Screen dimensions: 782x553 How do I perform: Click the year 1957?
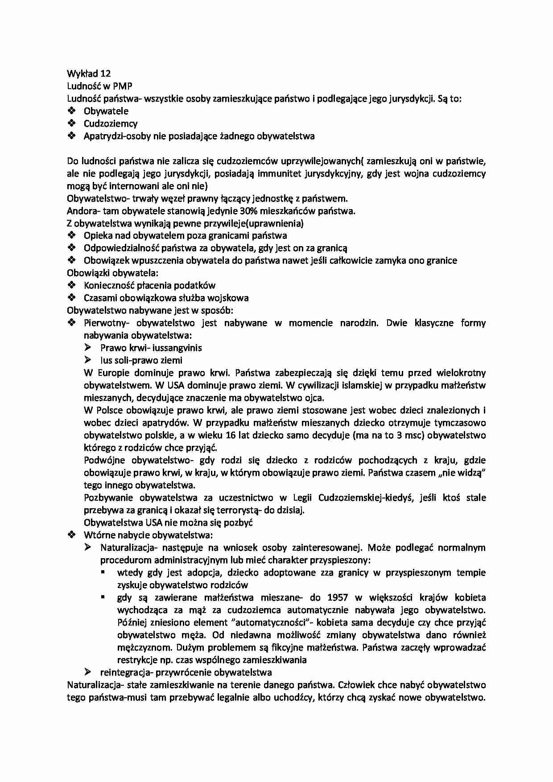click(x=338, y=597)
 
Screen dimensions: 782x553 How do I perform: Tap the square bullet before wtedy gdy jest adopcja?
click(x=104, y=572)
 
